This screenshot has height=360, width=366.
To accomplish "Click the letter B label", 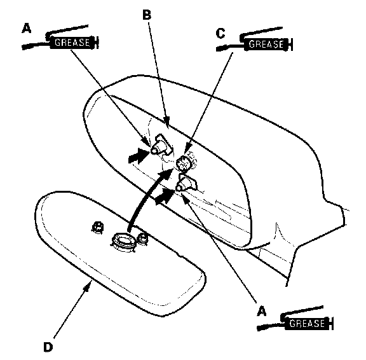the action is tap(147, 15).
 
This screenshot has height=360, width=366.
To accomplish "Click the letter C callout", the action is tap(220, 33).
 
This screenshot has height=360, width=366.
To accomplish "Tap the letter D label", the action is tap(48, 347).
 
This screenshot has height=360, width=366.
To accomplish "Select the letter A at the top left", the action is tap(27, 28).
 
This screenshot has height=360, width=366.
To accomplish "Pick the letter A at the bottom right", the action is tap(261, 311).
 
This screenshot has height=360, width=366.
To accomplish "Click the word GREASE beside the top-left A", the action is tap(72, 43).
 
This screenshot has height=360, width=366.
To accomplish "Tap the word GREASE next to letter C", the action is tap(266, 44).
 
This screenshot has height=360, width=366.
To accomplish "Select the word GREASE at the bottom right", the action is tap(307, 324).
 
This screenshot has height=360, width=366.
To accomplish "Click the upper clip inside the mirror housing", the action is tap(161, 145).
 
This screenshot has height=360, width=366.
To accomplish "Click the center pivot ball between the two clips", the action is tap(184, 163).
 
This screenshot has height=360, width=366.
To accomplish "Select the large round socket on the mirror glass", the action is tap(123, 242).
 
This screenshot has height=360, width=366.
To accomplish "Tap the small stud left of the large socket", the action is tap(98, 227).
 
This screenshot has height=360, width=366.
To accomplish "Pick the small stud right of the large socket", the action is tap(142, 239).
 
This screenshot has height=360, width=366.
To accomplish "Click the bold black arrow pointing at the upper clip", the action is tap(139, 156).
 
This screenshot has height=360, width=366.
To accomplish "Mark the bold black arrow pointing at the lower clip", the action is tap(165, 196).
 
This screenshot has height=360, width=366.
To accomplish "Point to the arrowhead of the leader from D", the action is tap(88, 285).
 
